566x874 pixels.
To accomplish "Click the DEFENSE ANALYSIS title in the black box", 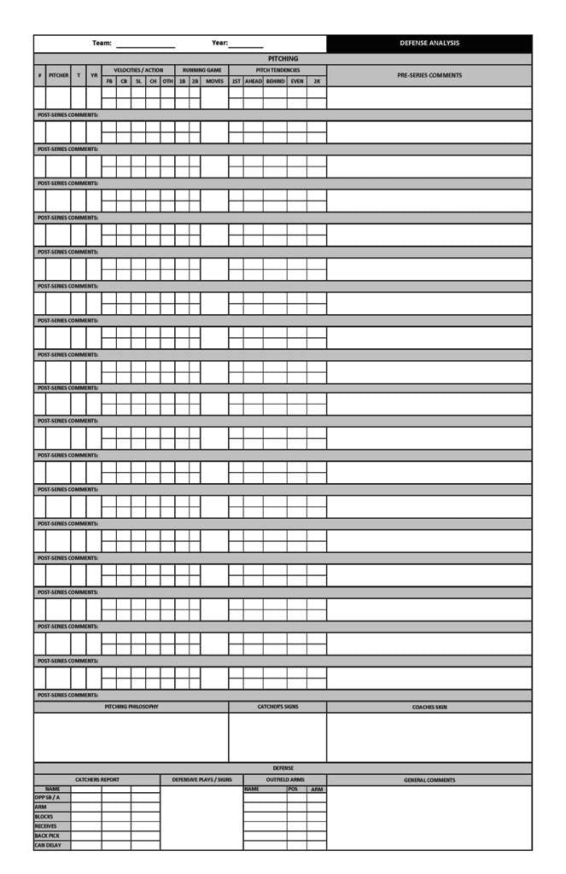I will pos(429,44).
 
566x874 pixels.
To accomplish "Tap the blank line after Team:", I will pos(145,44).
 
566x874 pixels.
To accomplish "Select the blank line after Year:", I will pos(246,44).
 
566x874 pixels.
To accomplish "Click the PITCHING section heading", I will pos(283,59).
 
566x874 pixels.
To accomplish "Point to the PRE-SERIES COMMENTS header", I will pos(429,75).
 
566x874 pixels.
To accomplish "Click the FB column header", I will pos(109,81).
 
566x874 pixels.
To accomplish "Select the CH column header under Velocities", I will pos(153,81).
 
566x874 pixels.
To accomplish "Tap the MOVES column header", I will pos(214,81).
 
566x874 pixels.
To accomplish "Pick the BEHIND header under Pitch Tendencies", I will pos(275,81).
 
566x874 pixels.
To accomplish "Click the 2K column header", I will pos(317,81).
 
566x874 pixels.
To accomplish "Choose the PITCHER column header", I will pos(59,75).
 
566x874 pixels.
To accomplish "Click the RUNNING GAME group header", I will pos(201,70).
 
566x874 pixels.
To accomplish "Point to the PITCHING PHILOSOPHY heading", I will pos(131,707).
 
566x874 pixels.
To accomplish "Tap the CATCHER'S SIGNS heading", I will pos(277,707).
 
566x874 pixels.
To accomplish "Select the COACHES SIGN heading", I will pos(429,707).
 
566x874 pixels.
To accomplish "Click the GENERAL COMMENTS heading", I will pos(429,780).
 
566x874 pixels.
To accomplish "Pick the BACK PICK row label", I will pos(47,836).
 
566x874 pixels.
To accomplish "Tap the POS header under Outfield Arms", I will pos(293,790).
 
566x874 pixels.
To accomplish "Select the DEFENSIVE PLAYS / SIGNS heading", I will pos(201,780).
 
